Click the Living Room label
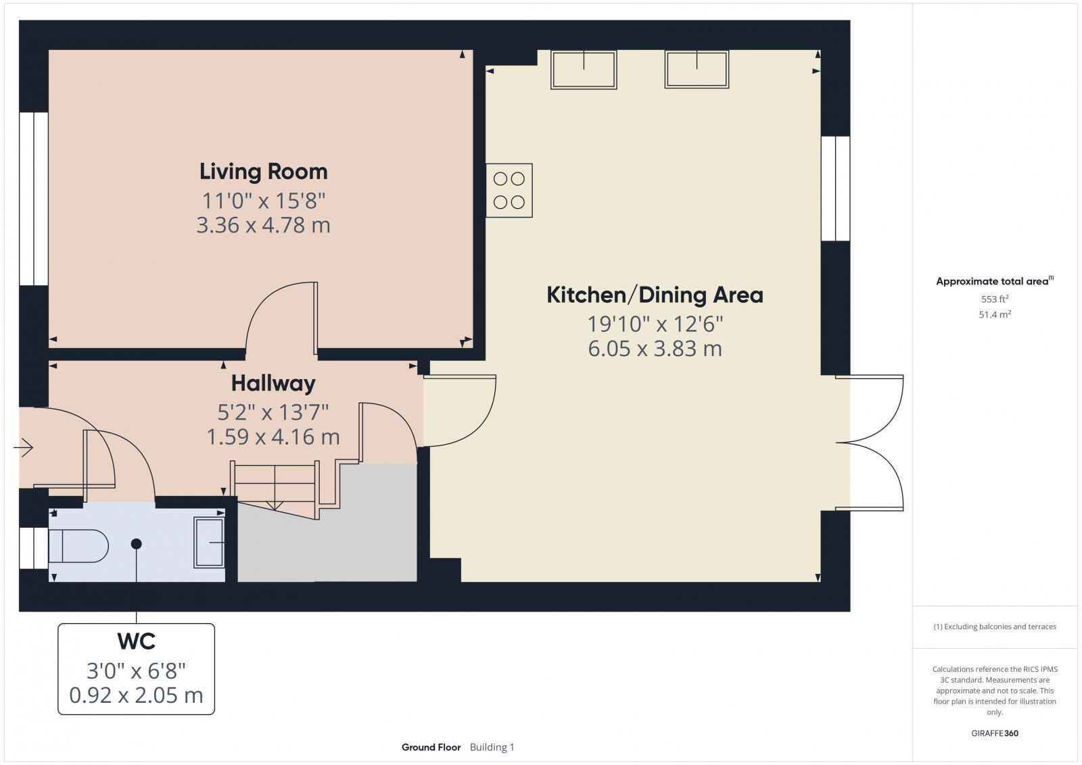pos(263,172)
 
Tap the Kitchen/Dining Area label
pos(654,295)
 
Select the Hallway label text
pos(273,384)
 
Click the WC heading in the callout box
pos(136,641)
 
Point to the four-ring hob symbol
pos(509,191)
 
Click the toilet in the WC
pos(78,546)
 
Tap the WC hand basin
pos(209,543)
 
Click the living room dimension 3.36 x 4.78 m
pos(263,225)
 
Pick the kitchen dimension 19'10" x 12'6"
pos(655,324)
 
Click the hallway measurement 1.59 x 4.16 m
pos(273,437)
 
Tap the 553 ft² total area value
pos(995,299)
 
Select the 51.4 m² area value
pos(995,314)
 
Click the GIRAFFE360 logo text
pos(995,733)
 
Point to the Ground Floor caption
pos(431,747)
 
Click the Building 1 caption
pos(492,747)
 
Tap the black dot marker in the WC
pos(137,544)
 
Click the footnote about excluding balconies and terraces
pos(995,626)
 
